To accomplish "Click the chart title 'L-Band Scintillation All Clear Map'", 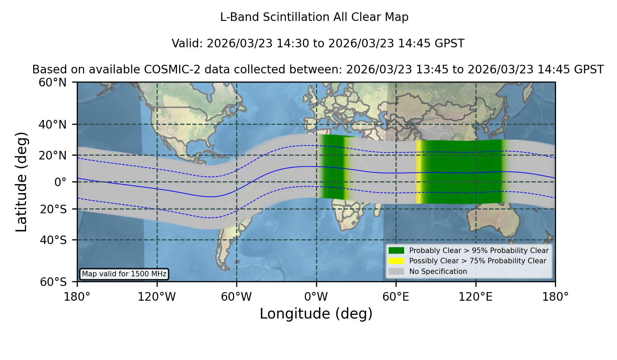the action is [x=314, y=17].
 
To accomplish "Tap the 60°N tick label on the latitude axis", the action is [x=53, y=82].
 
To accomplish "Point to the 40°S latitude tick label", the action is [x=53, y=240].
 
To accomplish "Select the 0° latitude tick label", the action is [x=60, y=182].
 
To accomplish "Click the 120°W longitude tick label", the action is [x=157, y=297].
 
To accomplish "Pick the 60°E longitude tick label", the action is [x=396, y=297].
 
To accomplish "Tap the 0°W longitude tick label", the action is [x=316, y=297].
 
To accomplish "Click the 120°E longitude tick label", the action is [x=475, y=297].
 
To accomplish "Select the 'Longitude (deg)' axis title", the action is [x=316, y=314].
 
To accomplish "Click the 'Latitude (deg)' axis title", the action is [x=21, y=182].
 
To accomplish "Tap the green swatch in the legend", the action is [x=396, y=251].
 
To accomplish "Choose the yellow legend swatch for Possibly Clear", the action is [x=396, y=261].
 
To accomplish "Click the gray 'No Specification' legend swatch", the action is [x=396, y=272].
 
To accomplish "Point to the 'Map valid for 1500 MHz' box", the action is [x=124, y=274].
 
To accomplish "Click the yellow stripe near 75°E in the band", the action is [x=419, y=172].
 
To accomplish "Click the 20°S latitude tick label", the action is [x=53, y=209].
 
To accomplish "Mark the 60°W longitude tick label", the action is [x=237, y=297].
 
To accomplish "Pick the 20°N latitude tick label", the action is [x=53, y=155].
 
